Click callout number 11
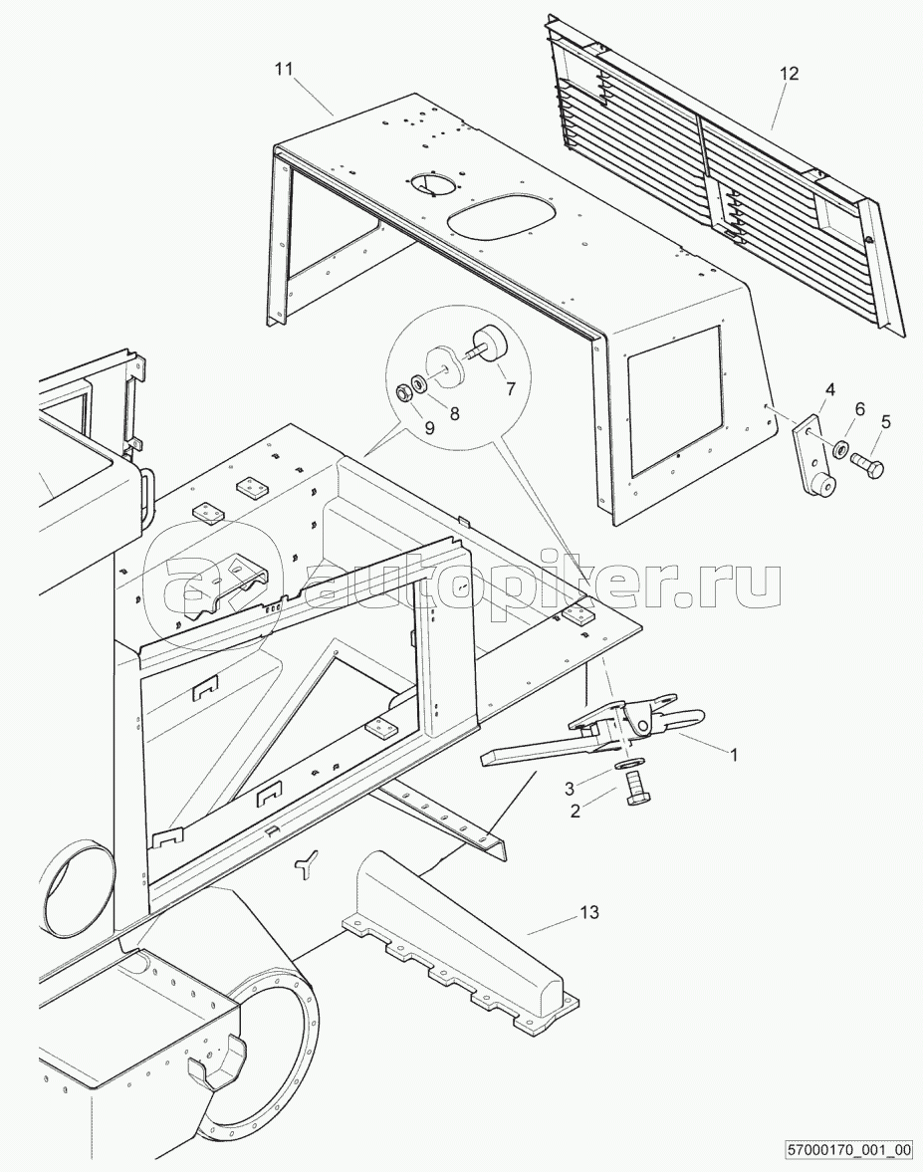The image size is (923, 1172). click(283, 70)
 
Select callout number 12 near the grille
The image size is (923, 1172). click(790, 74)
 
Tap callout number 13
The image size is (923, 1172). click(590, 913)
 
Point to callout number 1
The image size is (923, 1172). click(734, 756)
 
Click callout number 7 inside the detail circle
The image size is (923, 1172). click(511, 388)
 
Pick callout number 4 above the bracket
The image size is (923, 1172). click(830, 389)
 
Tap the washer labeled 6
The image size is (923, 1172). click(840, 449)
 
